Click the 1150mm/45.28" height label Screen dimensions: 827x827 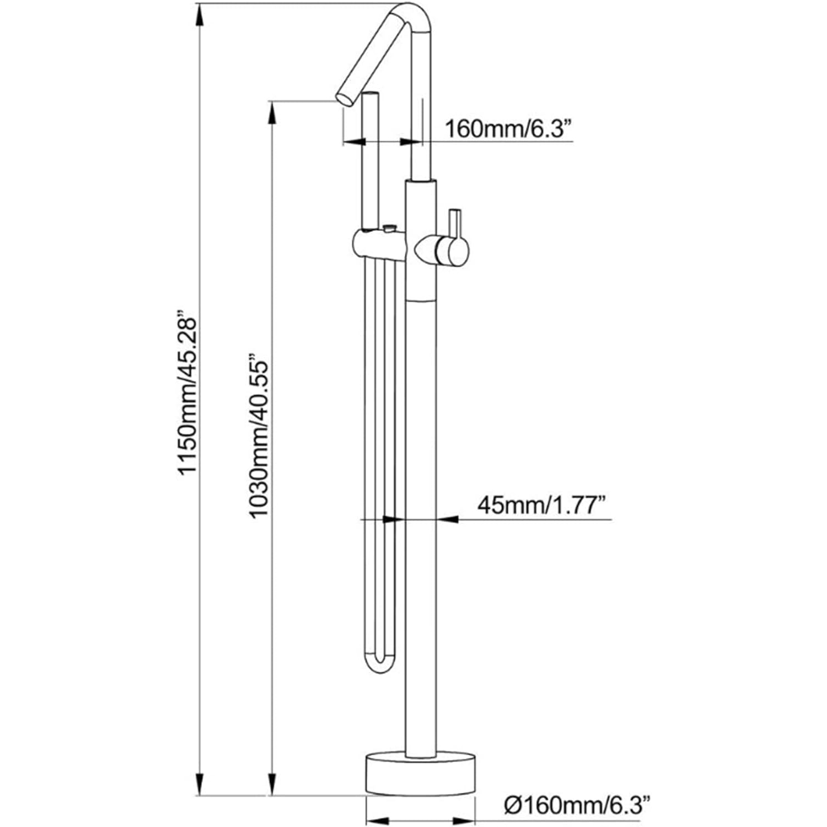tap(187, 395)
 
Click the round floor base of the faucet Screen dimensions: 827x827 tap(420, 774)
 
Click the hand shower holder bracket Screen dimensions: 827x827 tap(380, 243)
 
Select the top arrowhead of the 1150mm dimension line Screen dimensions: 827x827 tap(200, 14)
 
